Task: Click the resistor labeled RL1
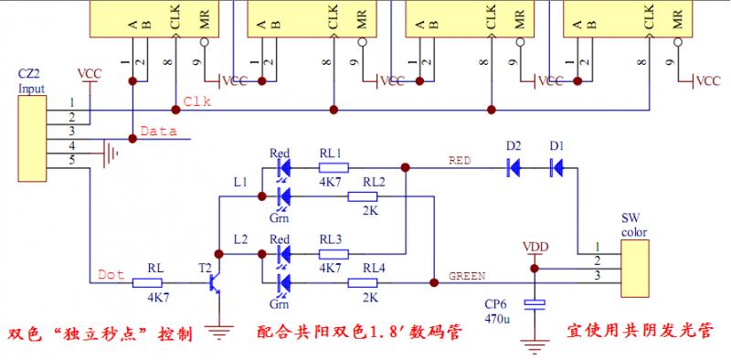334,168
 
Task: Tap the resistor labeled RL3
334,253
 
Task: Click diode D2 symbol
513,167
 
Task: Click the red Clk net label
197,101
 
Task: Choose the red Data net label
158,132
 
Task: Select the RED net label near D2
460,160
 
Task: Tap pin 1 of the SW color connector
598,248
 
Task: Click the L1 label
240,183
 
